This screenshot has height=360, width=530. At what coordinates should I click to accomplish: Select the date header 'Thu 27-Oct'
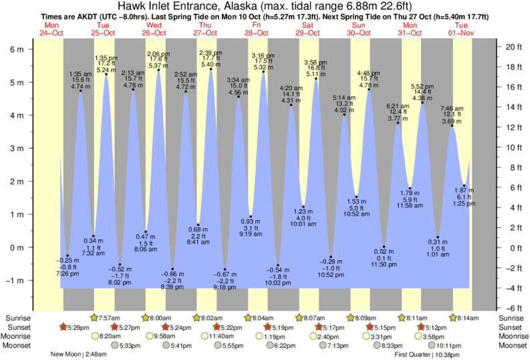(x=205, y=29)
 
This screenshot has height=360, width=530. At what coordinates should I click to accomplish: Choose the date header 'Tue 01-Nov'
(x=462, y=29)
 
